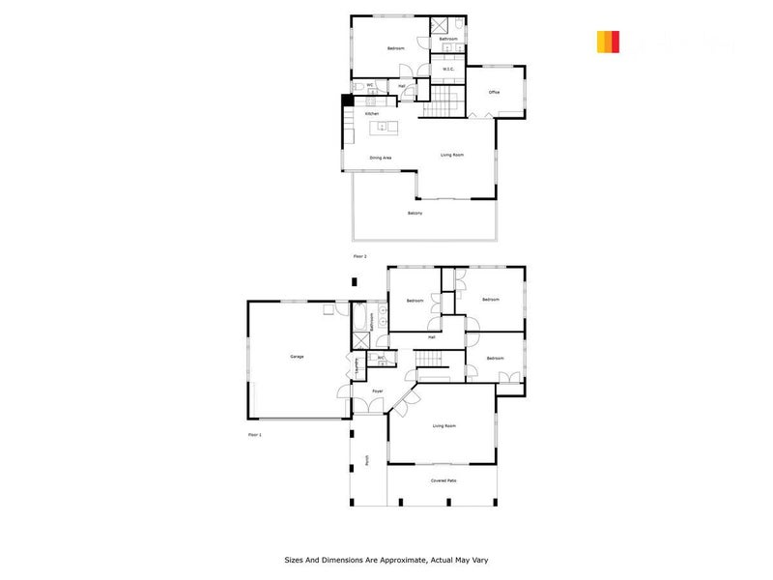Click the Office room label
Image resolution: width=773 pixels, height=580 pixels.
pos(494,92)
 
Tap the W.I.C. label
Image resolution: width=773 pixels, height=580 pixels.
pos(449,69)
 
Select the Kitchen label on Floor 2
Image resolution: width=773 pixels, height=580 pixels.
pos(371,114)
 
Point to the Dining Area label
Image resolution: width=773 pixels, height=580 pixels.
pos(380,158)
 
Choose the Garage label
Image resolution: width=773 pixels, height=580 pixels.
pos(297,357)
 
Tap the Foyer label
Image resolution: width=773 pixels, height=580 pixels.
pos(377,391)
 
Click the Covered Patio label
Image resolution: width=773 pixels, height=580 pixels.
pos(444,480)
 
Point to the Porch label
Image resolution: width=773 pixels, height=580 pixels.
pos(366,461)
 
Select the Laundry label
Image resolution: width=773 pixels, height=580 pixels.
pos(358,364)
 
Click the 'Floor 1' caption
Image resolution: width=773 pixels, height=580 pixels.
pos(255,435)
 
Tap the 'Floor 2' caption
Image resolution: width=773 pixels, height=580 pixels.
pos(360,255)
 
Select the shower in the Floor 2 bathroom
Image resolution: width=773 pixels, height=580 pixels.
pos(436,26)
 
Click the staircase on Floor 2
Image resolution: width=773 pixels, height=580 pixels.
pos(445,101)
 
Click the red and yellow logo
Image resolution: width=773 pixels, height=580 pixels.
pos(608,42)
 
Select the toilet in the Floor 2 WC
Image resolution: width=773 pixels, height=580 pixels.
pos(358,87)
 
